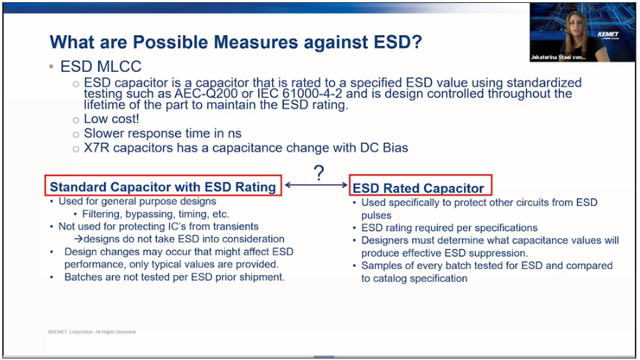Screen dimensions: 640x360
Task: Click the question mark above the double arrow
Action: (x=319, y=173)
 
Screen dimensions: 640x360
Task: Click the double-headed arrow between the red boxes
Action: (x=316, y=185)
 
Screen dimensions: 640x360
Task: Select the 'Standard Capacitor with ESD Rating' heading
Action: (x=163, y=187)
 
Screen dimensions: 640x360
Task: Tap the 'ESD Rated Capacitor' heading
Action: (x=418, y=188)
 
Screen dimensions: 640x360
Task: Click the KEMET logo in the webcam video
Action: (x=608, y=34)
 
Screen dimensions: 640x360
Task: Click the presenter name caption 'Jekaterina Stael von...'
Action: (x=558, y=57)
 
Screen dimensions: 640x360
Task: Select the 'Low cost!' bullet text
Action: (x=111, y=119)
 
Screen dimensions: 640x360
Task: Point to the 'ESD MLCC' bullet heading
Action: (x=101, y=66)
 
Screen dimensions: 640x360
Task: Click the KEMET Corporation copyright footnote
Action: (x=92, y=332)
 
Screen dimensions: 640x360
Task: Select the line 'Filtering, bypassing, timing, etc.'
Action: (x=155, y=214)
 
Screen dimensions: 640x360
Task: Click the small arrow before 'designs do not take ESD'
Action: (x=78, y=239)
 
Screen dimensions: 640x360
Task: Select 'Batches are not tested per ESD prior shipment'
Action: (x=174, y=277)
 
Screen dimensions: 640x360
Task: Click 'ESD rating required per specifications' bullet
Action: (x=449, y=228)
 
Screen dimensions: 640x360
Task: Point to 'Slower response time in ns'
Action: (x=163, y=133)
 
